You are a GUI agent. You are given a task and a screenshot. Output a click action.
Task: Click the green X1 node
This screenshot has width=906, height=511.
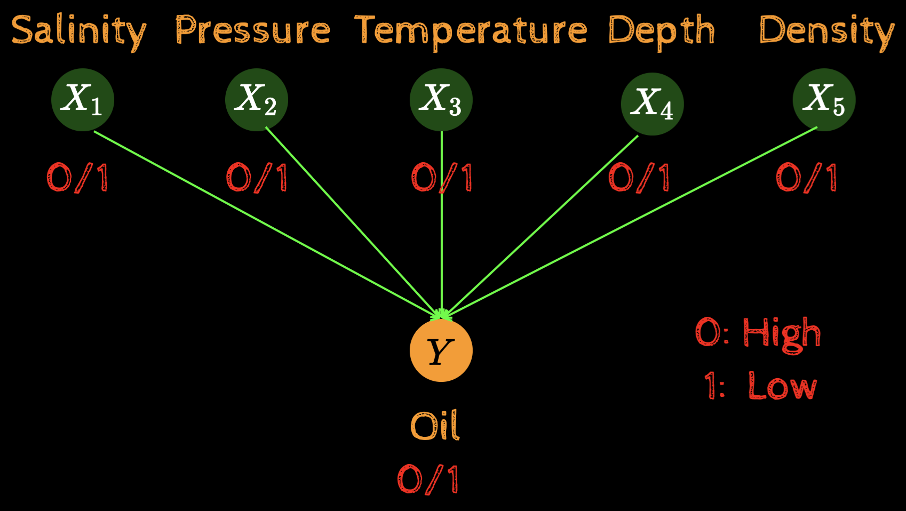83,100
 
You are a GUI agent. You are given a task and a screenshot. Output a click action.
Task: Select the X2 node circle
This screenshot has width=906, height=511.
257,100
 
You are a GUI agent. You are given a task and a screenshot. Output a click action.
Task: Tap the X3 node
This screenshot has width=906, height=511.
441,100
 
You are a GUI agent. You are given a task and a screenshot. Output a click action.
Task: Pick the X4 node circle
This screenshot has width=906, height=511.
652,103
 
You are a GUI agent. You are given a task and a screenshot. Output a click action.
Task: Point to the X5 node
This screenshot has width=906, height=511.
824,100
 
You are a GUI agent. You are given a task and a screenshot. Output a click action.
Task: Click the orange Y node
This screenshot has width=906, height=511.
441,351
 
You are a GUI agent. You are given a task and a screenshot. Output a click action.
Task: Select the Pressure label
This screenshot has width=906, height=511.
252,31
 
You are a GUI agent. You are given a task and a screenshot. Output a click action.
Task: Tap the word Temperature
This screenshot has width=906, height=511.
471,31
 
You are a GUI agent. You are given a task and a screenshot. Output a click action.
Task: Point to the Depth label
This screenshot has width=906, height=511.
661,31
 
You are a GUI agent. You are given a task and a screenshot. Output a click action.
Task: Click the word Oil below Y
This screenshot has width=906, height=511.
435,426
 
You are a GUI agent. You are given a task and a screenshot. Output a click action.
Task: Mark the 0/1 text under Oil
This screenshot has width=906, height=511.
428,479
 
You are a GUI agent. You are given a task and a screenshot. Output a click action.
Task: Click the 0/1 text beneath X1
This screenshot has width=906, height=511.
78,178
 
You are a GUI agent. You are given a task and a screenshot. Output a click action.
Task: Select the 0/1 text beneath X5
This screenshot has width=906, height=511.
806,178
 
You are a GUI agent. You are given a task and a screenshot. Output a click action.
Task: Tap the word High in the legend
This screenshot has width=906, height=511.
782,333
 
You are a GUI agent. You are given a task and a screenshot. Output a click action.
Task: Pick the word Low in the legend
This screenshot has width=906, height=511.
782,386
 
